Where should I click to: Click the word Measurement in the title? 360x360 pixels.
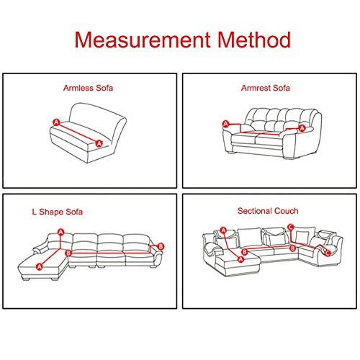pyautogui.click(x=133, y=39)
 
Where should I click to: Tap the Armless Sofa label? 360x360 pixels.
pyautogui.click(x=87, y=89)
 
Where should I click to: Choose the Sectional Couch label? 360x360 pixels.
pyautogui.click(x=268, y=211)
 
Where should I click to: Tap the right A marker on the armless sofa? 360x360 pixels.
pyautogui.click(x=99, y=143)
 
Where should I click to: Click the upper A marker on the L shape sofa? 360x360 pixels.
pyautogui.click(x=60, y=232)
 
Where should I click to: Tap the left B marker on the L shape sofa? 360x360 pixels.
pyautogui.click(x=68, y=253)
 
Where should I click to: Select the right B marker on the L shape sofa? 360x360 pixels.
pyautogui.click(x=161, y=246)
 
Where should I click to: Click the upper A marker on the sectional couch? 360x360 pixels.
pyautogui.click(x=224, y=230)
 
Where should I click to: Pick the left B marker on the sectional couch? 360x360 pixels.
pyautogui.click(x=244, y=252)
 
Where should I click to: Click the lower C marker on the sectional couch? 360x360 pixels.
pyautogui.click(x=328, y=253)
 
